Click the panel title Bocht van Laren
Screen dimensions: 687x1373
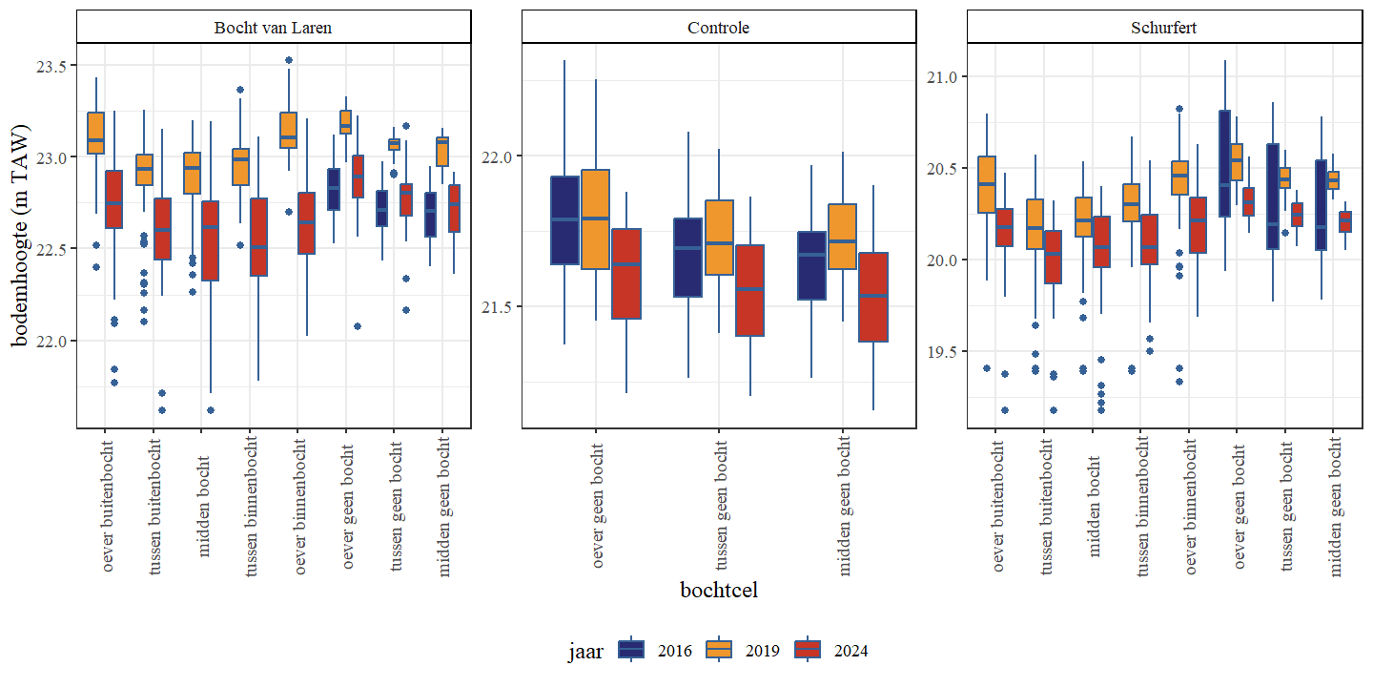coord(274,28)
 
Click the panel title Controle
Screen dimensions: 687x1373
coord(719,28)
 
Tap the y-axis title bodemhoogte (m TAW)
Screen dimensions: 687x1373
coord(21,236)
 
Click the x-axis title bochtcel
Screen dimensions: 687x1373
coord(719,590)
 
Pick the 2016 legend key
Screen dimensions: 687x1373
coord(631,650)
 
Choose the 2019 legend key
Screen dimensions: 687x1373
coord(718,650)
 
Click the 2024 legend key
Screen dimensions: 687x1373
coord(806,650)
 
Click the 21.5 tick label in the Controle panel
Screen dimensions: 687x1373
coord(496,306)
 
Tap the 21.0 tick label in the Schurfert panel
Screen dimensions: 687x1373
coord(942,76)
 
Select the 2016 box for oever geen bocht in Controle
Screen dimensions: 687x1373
coord(565,220)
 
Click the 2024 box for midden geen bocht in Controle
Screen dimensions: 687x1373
coord(873,297)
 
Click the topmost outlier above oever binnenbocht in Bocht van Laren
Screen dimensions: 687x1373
coord(289,60)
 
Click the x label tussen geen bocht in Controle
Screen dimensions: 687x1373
coord(722,502)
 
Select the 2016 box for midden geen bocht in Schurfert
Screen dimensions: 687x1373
coord(1321,205)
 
